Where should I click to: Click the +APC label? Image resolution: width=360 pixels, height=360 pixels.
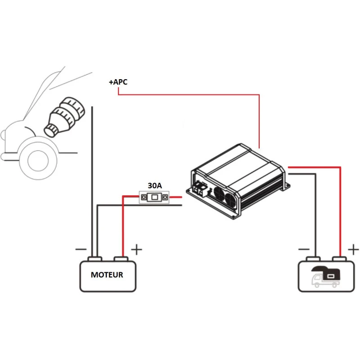click(x=118, y=82)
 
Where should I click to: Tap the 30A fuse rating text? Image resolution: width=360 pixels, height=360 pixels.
click(x=155, y=185)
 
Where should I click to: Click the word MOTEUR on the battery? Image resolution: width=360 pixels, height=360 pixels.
click(x=107, y=274)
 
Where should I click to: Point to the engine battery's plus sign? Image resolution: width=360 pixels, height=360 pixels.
click(x=136, y=249)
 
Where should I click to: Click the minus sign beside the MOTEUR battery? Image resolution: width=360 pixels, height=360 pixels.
click(x=81, y=249)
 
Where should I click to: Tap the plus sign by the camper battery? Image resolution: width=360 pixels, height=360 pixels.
click(x=354, y=249)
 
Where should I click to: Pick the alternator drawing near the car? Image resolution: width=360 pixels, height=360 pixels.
click(x=64, y=116)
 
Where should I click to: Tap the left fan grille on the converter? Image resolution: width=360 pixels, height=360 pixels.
click(x=219, y=193)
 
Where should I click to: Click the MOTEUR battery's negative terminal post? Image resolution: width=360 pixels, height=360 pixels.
click(x=94, y=259)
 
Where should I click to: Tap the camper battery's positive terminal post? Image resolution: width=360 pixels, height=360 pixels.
click(x=340, y=259)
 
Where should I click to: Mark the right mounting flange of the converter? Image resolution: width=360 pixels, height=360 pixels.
click(x=286, y=184)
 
